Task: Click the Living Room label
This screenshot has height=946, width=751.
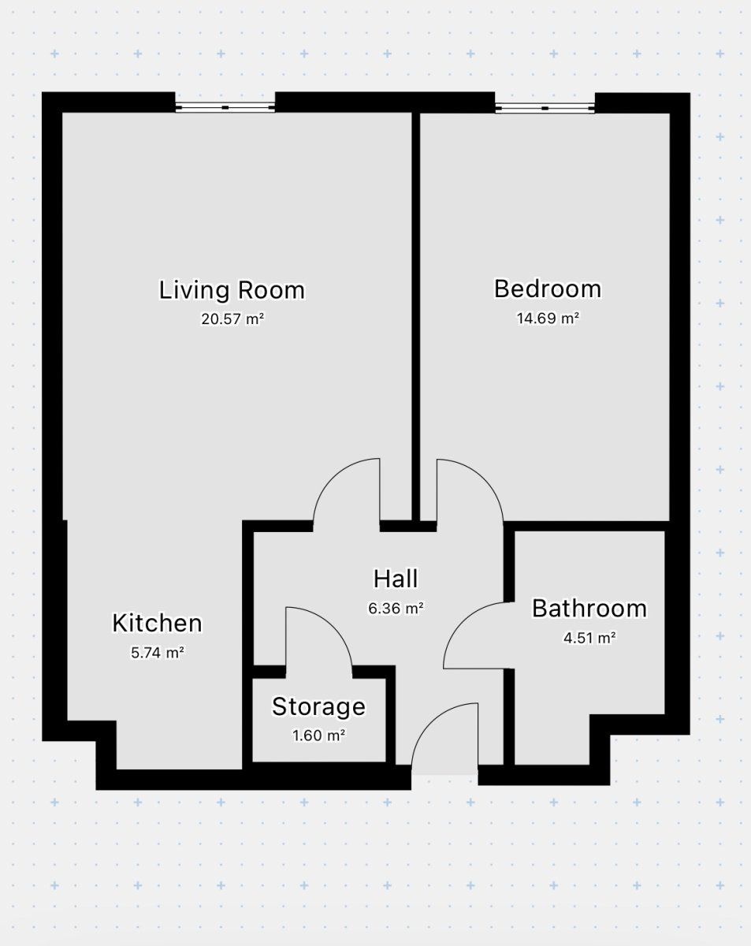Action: click(232, 291)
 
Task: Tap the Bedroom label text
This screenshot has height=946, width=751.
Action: click(548, 289)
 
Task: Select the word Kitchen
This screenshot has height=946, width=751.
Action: click(157, 623)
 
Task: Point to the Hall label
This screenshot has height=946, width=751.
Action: click(396, 579)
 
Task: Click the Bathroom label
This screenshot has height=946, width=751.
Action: click(589, 609)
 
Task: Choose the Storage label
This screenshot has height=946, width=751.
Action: click(318, 707)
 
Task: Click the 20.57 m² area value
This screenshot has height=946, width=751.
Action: click(232, 318)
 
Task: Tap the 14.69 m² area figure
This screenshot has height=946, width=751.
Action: click(548, 318)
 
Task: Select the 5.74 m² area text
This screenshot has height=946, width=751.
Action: click(158, 653)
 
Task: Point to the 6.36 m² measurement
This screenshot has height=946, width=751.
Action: click(396, 609)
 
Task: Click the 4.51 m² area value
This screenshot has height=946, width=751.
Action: click(589, 638)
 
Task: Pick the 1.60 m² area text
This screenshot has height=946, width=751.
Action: click(318, 736)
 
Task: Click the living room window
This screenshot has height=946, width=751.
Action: click(225, 107)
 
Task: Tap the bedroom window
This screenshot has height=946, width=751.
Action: click(545, 108)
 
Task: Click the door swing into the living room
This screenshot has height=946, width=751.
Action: click(333, 478)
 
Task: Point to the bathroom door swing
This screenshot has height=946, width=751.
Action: click(463, 622)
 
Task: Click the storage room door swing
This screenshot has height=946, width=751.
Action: click(333, 627)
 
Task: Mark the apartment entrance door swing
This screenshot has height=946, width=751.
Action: click(431, 722)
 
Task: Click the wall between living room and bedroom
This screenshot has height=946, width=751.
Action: click(416, 316)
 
